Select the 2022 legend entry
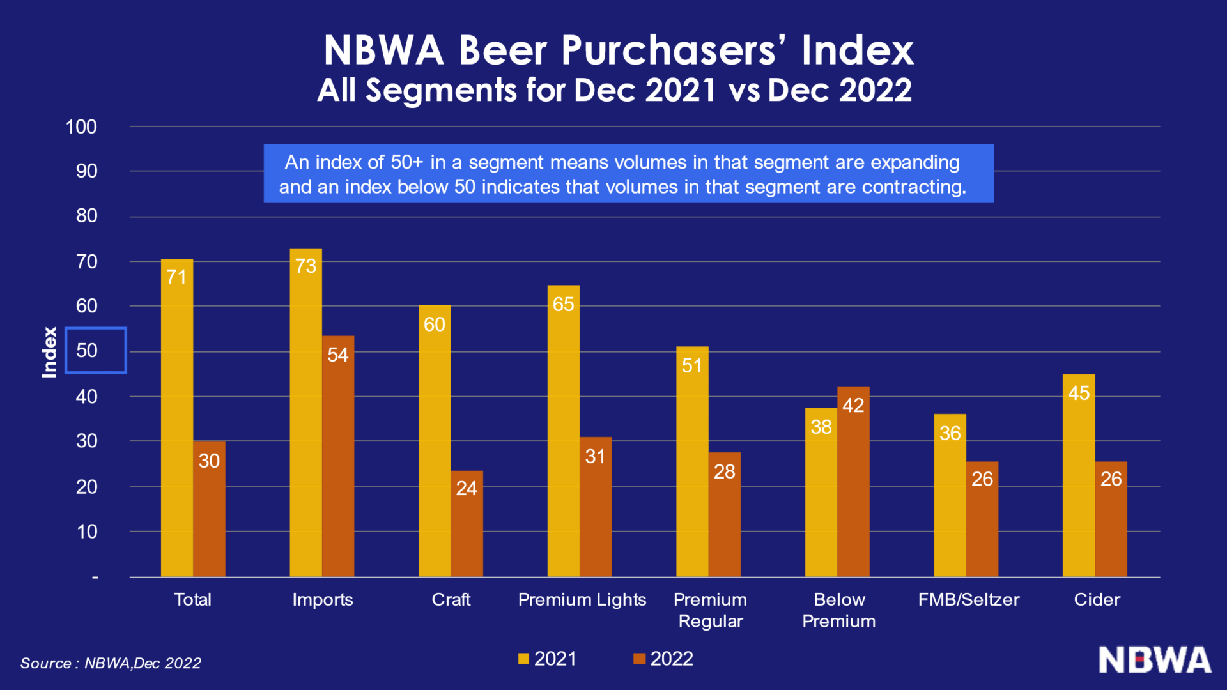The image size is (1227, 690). coord(663,659)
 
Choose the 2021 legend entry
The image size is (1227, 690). coord(548,659)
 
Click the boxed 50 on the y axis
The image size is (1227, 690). coord(95,350)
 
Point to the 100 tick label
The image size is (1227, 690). coord(81,126)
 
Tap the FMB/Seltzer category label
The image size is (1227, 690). coord(969,599)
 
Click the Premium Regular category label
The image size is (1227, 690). coord(711,610)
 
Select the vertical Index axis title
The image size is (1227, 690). coord(49,352)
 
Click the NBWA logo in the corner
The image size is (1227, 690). coord(1155,660)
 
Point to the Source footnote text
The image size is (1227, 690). coord(111,663)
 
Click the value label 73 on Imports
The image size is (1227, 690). coord(305,266)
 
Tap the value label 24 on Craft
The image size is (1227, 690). coord(467,489)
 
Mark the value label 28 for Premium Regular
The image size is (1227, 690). coord(725,471)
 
